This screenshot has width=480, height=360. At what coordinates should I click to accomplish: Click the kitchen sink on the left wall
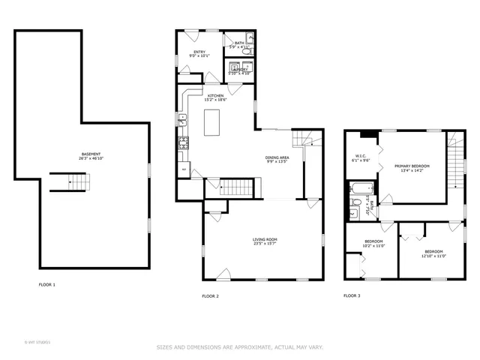click(181, 118)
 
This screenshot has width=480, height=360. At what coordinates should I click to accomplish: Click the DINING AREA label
click(277, 157)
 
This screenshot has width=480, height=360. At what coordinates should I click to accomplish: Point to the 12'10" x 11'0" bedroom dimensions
click(433, 256)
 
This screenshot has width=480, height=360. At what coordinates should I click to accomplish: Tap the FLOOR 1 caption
click(47, 284)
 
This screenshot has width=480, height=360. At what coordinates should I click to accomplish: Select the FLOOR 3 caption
click(352, 296)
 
